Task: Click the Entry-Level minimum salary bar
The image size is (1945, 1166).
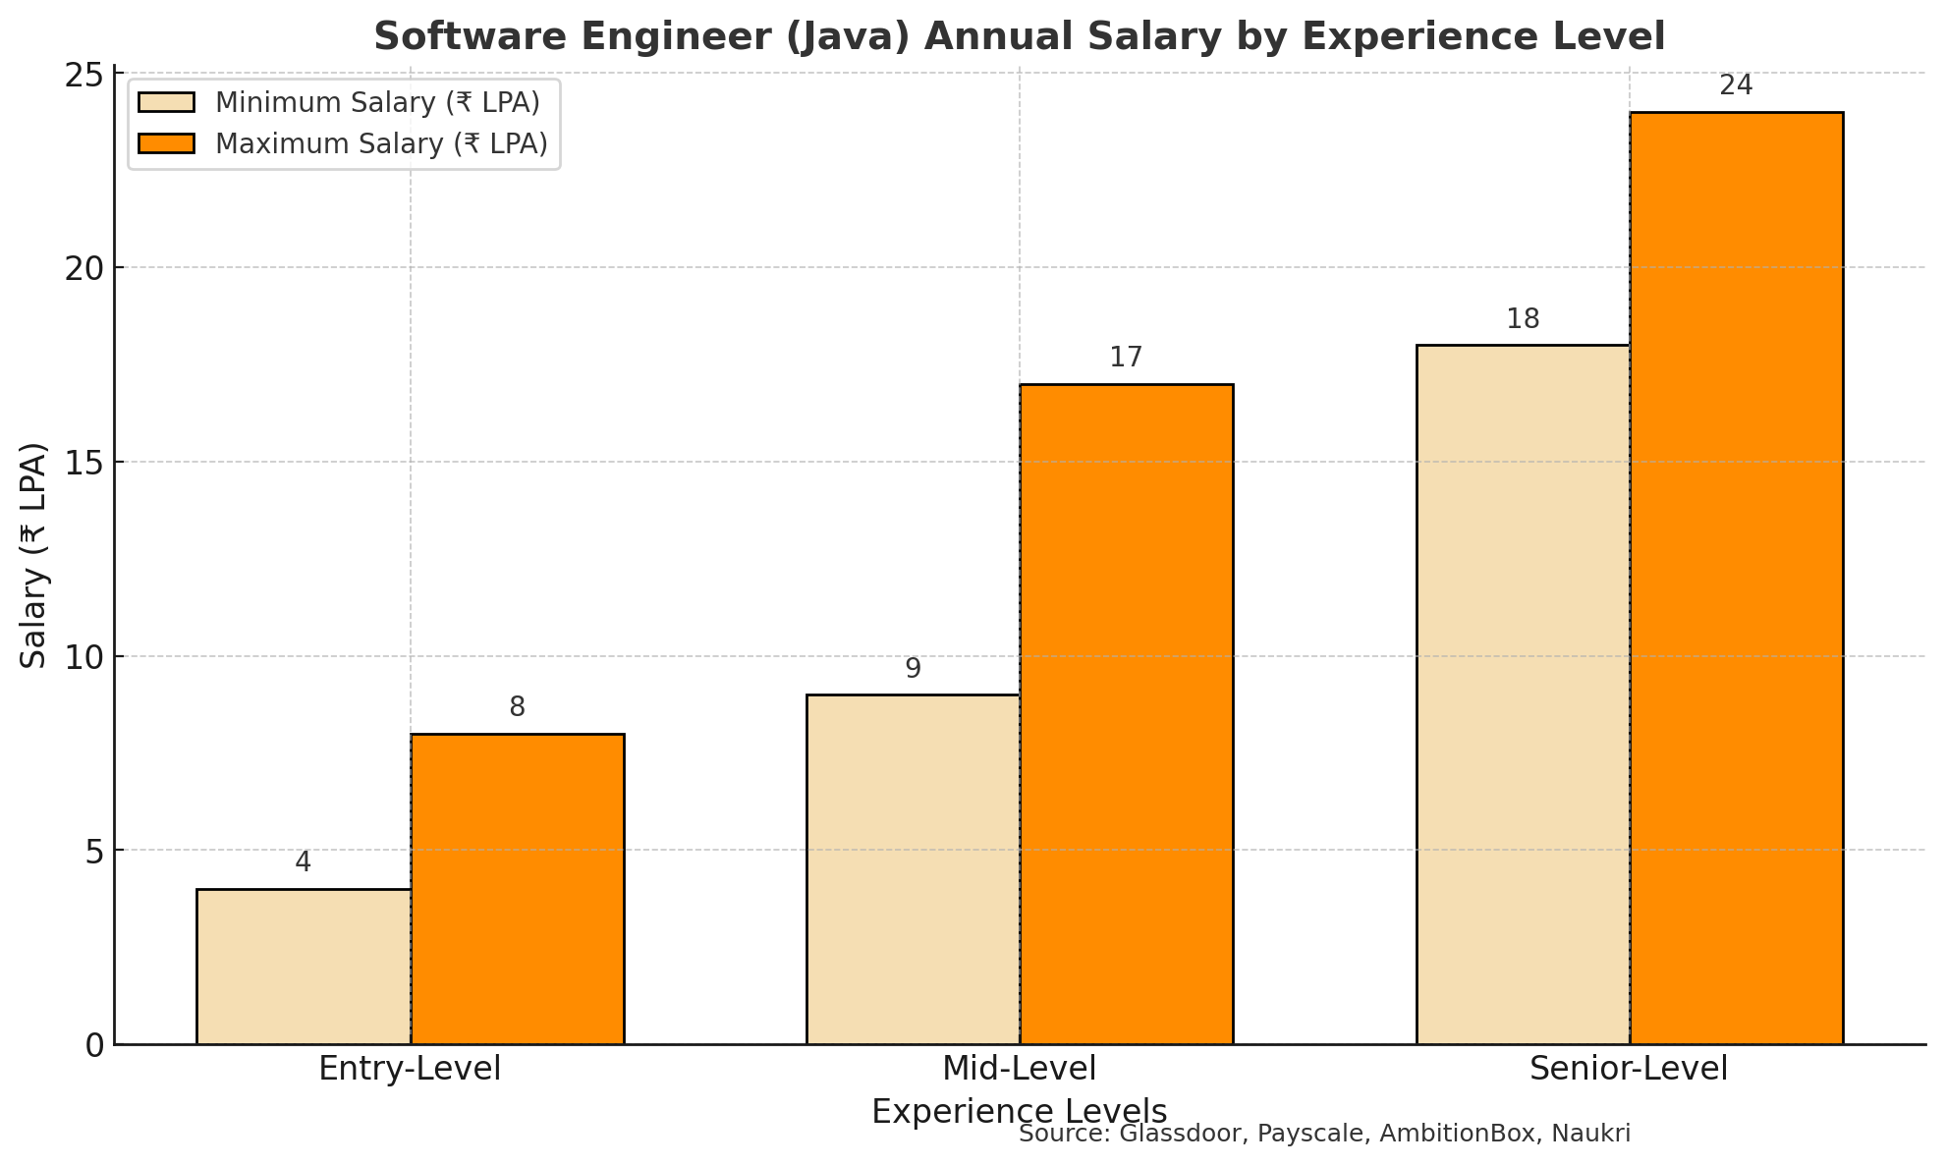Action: pos(304,967)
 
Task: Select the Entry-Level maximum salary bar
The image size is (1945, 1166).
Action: pos(518,889)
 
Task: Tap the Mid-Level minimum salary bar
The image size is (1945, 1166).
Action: pos(913,869)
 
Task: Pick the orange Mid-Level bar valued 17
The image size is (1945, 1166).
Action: pos(1127,714)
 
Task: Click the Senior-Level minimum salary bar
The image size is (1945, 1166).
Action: pos(1523,694)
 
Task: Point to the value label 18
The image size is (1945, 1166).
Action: pos(1523,319)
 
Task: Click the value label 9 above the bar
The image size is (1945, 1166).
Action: pos(913,669)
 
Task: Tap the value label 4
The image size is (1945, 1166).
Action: pos(304,862)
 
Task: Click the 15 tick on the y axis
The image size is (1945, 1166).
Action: pos(85,463)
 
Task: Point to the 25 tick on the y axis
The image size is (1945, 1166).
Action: pos(85,74)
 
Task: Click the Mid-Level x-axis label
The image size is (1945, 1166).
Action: pos(1020,1069)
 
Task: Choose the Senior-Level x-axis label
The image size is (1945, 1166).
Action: pos(1629,1069)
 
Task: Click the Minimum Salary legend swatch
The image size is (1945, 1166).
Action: pos(167,103)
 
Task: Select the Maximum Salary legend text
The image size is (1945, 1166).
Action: pos(381,144)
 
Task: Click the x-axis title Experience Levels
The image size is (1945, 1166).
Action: pos(1020,1112)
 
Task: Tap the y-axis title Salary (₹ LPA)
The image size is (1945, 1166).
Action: pos(34,555)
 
